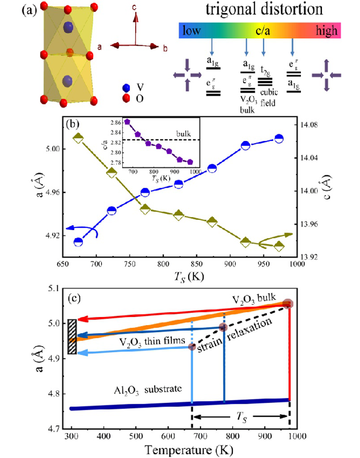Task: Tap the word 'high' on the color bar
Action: [x=327, y=31]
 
